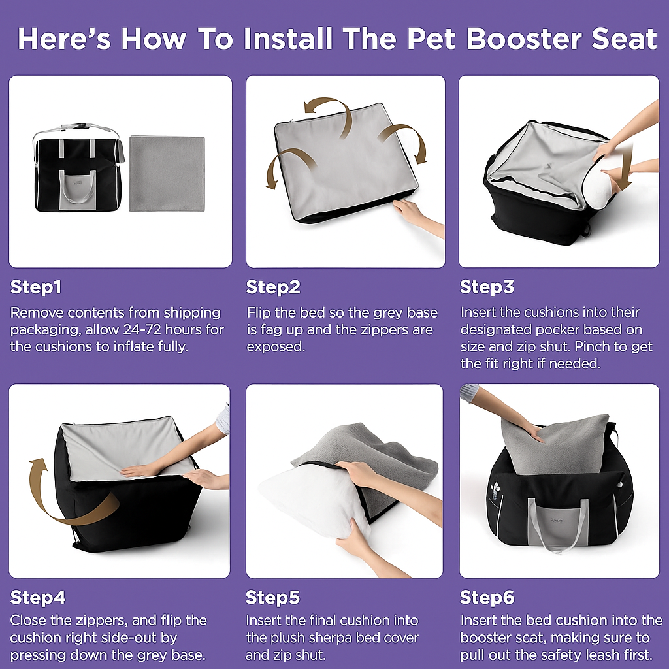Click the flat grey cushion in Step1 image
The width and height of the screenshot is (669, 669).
167,173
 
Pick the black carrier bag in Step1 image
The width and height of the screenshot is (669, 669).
76,171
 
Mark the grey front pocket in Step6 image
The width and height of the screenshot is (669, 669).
559,523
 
